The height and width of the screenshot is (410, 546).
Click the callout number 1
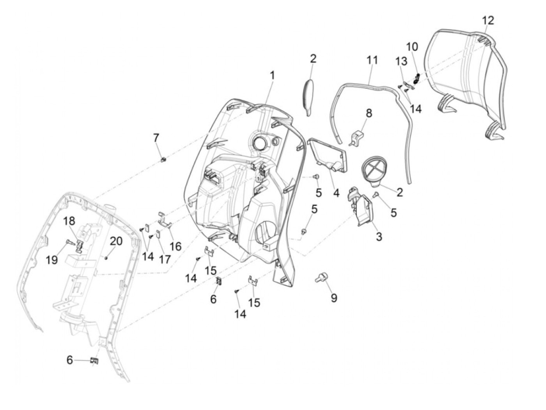coord(272,76)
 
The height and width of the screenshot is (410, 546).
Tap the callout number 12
coord(487,20)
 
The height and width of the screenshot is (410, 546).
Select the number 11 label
coord(372,60)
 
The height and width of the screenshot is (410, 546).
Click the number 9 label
coord(334,298)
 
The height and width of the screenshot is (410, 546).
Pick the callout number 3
coord(379,236)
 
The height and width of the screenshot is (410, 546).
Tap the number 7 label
coord(156,138)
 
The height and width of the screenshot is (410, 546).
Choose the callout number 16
coord(175,246)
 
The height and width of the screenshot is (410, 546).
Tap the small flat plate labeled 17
coord(158,234)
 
